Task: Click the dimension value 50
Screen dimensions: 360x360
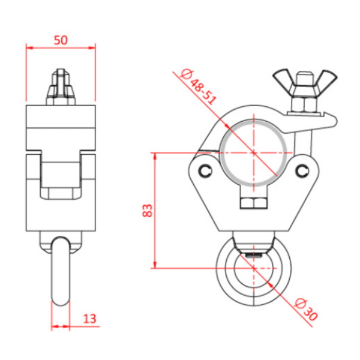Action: coord(61,40)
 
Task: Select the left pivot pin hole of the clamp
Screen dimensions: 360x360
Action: coord(206,170)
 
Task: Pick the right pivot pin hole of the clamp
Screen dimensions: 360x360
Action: coord(304,172)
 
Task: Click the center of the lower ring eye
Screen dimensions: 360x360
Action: coord(254,268)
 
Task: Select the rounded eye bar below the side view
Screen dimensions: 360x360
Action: coord(61,270)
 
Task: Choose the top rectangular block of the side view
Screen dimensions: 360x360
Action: coord(61,127)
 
